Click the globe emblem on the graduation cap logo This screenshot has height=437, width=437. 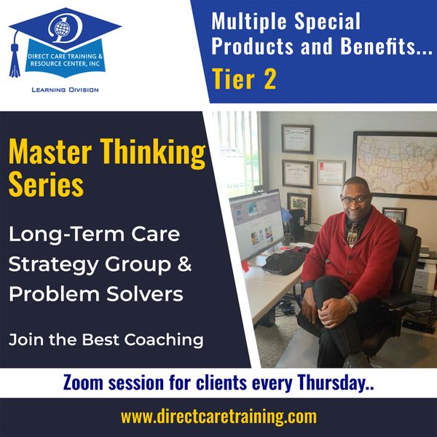pos(61,28)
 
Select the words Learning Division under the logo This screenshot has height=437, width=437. pos(65,90)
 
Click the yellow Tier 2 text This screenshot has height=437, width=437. pos(244,79)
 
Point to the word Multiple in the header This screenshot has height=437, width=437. pos(250,21)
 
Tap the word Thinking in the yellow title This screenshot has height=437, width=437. pos(153,152)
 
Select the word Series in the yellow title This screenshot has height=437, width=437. pos(47,184)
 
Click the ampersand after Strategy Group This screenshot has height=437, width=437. pos(184,264)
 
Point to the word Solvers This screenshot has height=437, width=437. pos(145,294)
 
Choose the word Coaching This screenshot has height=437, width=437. pos(164,340)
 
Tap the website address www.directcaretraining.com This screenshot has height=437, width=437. pos(219,417)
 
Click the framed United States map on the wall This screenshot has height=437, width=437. pos(395,165)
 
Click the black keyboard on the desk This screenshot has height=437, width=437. pos(283,262)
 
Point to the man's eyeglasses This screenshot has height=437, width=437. pos(355,199)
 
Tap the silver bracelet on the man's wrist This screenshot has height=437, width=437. pos(353,304)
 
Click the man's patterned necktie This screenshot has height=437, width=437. pos(353,234)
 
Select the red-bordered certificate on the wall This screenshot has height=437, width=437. pos(331,173)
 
